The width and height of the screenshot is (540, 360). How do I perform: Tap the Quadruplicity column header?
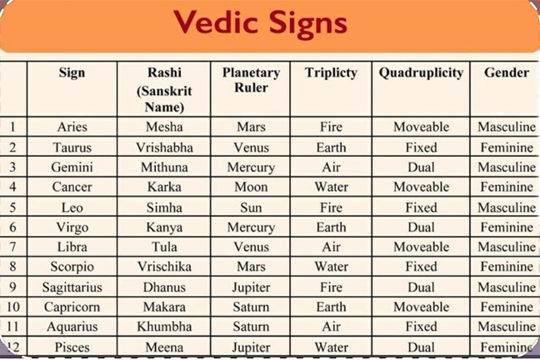(421, 73)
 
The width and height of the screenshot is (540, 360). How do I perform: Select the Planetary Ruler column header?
(251, 79)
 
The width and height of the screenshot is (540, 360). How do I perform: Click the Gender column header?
(507, 72)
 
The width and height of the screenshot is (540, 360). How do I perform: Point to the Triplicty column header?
(331, 73)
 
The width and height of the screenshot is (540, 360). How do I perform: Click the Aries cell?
(72, 127)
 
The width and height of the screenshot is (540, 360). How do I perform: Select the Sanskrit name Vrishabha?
(164, 147)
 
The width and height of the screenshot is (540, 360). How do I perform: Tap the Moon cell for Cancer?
(251, 187)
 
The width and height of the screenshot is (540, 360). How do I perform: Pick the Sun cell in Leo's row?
(251, 207)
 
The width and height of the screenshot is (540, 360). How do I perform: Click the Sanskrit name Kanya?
(164, 227)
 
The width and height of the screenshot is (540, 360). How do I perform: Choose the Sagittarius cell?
(72, 287)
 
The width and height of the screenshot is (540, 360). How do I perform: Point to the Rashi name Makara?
(164, 307)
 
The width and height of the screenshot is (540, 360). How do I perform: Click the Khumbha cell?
(164, 327)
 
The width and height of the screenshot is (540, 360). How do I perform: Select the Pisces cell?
(72, 347)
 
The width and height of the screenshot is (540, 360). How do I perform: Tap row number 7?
(12, 247)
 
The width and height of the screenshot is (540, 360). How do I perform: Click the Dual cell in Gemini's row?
(421, 167)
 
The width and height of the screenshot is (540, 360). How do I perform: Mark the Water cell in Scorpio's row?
(332, 267)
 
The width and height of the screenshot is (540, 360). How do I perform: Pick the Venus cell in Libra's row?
(251, 247)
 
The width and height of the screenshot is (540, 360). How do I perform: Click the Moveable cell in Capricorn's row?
(421, 307)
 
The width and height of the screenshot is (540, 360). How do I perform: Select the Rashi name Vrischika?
(164, 267)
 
